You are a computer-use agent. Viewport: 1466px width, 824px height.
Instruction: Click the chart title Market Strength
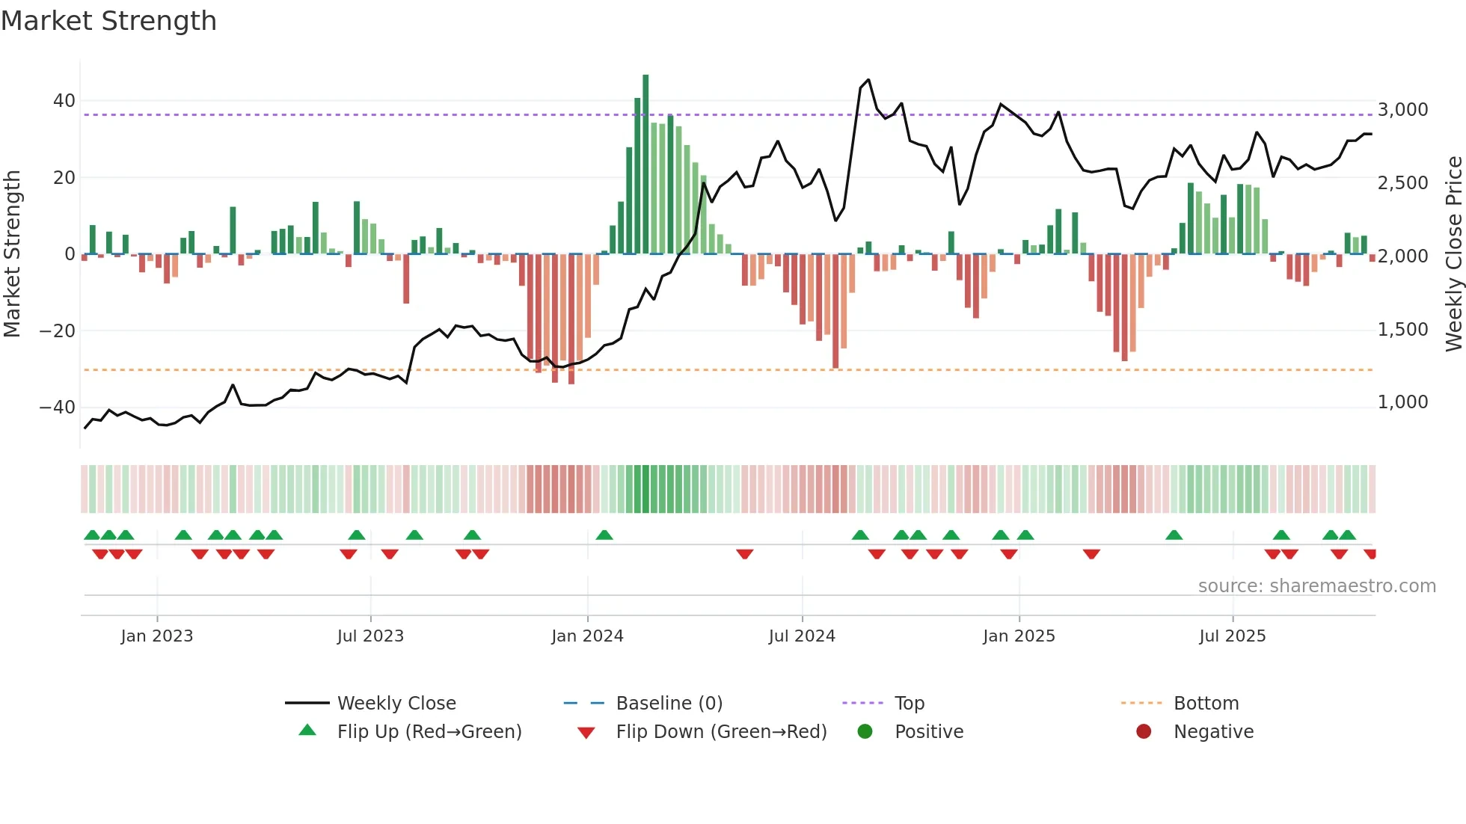[x=108, y=21]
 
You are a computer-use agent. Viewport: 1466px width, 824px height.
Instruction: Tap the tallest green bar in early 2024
[x=645, y=165]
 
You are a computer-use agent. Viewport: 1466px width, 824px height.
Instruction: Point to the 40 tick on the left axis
[x=64, y=101]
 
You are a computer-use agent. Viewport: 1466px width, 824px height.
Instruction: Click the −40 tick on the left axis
[x=58, y=408]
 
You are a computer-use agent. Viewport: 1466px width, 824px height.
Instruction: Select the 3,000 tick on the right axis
[x=1402, y=110]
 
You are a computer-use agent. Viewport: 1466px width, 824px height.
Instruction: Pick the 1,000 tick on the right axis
[x=1402, y=402]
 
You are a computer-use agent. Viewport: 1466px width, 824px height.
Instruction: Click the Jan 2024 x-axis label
[x=587, y=636]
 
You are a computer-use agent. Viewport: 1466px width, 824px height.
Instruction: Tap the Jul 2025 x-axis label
[x=1232, y=636]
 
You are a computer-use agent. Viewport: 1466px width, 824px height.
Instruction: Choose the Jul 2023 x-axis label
[x=370, y=636]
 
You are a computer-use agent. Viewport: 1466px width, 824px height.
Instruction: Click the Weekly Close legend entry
[x=396, y=704]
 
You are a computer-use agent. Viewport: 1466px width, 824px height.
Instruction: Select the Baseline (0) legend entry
[x=669, y=704]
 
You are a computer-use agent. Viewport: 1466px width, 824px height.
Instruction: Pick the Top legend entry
[x=909, y=704]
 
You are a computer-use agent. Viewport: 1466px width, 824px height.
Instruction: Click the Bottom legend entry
[x=1206, y=704]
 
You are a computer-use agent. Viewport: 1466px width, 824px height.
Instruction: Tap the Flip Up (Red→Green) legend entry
[x=429, y=732]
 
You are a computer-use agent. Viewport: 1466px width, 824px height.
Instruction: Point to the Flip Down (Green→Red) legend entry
[x=721, y=732]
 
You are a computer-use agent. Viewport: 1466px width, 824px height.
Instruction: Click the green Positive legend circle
[x=865, y=732]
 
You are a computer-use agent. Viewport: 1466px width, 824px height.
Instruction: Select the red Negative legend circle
[x=1144, y=732]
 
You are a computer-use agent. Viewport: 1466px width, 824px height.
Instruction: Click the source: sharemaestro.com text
[x=1316, y=586]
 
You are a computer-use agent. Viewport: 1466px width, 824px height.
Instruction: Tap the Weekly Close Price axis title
[x=1453, y=254]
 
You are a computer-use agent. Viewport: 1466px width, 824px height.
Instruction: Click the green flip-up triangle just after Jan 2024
[x=604, y=535]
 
